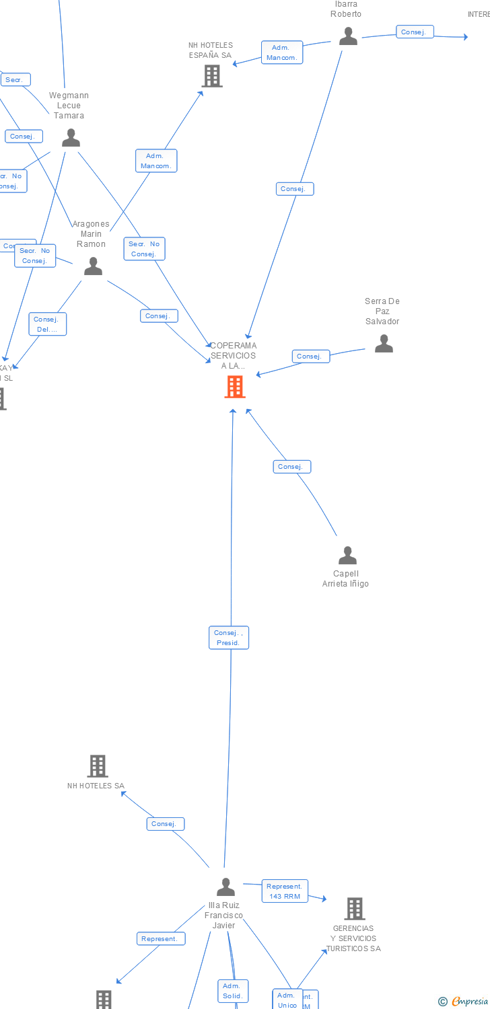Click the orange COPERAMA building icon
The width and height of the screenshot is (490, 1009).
234,387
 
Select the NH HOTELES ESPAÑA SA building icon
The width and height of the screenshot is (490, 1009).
212,76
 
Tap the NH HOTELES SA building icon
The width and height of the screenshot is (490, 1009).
98,766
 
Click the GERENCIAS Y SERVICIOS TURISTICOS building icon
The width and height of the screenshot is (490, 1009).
354,909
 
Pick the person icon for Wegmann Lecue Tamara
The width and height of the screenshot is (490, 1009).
71,138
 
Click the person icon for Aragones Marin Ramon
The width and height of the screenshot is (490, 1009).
93,267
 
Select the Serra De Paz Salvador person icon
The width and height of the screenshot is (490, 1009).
384,344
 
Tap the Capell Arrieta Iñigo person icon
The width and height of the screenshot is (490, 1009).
347,556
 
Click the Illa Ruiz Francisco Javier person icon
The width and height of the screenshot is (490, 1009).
226,887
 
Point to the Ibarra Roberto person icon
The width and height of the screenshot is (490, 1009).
348,36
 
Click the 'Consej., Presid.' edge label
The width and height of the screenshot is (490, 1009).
229,638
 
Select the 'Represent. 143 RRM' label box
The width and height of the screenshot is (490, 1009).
285,891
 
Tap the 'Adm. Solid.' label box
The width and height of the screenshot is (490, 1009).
233,991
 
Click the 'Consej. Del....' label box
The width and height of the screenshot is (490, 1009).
47,324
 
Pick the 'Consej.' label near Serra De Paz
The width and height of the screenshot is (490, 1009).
310,357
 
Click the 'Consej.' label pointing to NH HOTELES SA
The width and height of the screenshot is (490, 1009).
165,823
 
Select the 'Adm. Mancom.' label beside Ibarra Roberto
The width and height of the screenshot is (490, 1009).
282,52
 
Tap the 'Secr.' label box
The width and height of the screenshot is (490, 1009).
15,80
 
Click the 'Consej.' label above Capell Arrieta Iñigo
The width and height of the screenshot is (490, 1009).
291,466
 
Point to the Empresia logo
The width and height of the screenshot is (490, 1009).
464,1001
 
